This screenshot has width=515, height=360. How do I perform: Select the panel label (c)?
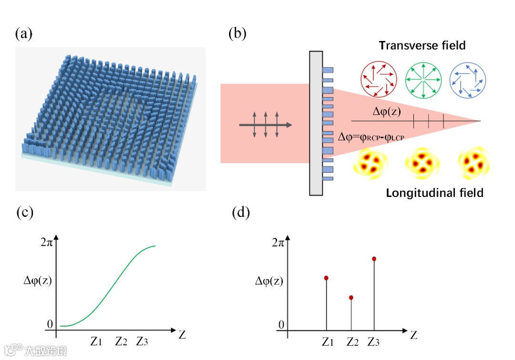coord(24,212)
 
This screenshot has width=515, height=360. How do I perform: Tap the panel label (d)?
coord(241,212)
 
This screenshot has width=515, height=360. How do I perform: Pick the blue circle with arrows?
coord(467,80)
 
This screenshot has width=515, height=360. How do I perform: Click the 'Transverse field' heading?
coord(422,46)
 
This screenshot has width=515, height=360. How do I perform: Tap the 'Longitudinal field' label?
coord(434,193)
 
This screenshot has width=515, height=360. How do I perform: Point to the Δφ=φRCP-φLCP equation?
coord(374,137)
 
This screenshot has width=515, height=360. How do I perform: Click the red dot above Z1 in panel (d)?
coord(326,278)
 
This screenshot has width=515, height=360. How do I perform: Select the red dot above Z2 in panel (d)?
coord(351,298)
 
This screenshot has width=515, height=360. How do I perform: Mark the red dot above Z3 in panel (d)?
coord(374,259)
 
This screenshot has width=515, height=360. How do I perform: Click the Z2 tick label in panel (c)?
coord(122,341)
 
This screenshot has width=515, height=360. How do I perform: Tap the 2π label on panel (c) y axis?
coord(46,241)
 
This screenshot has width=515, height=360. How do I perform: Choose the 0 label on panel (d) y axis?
coord(281,325)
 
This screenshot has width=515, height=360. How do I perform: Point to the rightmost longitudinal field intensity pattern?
coord(474,164)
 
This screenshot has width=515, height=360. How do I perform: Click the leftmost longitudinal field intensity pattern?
coord(369,164)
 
